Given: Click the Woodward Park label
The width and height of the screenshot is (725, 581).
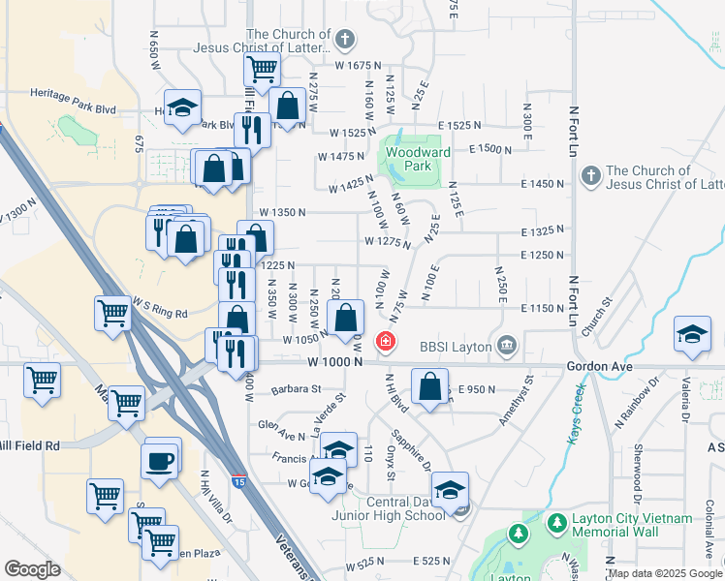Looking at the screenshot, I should point(418,159).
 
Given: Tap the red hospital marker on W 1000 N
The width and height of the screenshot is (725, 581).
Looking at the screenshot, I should point(386,342).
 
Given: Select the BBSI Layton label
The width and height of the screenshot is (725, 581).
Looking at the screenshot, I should point(457,346).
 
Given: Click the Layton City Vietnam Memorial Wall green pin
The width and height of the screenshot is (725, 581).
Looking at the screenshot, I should point(557,524).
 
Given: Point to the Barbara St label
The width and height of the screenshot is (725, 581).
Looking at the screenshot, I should point(296,389).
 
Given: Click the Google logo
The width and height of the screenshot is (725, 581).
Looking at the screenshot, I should point(32,569).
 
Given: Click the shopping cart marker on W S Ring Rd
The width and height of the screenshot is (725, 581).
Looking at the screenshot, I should point(113,314).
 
